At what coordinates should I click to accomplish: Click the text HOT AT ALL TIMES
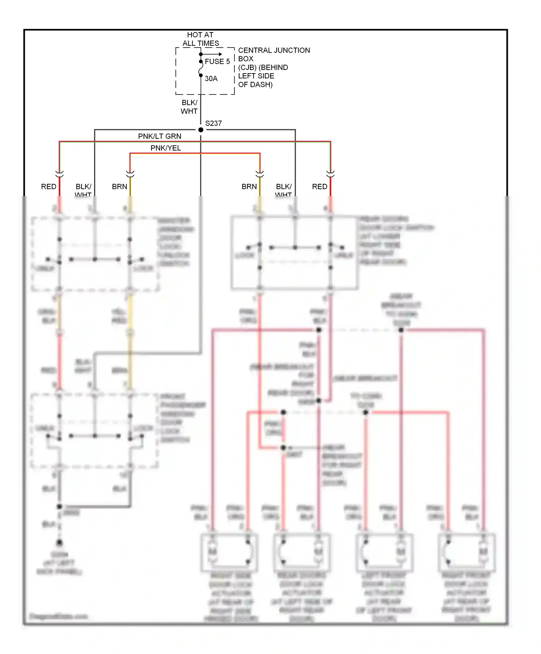pos(201,39)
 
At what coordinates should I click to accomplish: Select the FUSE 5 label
pos(217,62)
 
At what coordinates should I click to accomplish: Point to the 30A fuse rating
pos(211,79)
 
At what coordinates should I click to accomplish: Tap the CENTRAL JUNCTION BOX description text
pos(273,67)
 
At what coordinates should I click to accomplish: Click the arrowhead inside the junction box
pos(220,54)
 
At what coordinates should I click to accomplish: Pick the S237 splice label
pos(214,123)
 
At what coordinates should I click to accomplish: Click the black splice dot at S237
pos(201,130)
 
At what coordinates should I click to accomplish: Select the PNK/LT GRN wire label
pos(160,136)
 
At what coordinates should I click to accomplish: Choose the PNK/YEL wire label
pos(166,148)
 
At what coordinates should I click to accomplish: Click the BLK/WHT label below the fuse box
pos(189,107)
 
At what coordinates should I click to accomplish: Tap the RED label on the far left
pos(49,187)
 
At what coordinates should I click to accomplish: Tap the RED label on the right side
pos(320,187)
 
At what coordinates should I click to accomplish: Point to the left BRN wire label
pos(119,187)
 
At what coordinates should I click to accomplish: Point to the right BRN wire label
pos(249,187)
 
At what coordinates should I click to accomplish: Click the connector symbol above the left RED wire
pos(60,174)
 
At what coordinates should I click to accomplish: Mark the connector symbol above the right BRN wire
pos(260,174)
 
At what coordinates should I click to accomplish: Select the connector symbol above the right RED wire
pos(330,174)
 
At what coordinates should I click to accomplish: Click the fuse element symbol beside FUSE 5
pos(201,69)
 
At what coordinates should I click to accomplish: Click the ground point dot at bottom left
pos(60,542)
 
